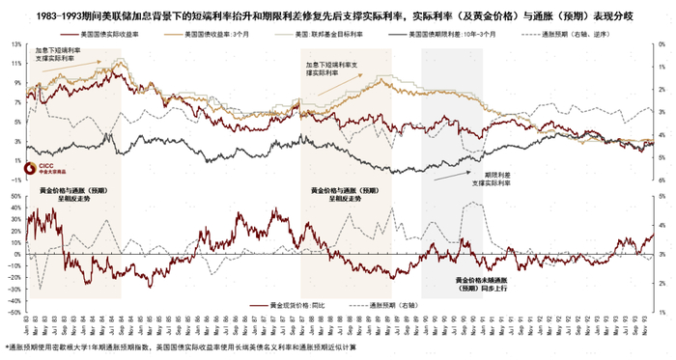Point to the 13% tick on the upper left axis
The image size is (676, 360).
coord(16,45)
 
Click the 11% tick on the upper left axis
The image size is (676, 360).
coord(16,65)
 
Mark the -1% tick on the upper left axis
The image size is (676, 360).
coord(16,180)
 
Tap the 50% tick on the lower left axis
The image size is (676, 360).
coord(16,195)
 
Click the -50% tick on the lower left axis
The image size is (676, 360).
coord(16,313)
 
